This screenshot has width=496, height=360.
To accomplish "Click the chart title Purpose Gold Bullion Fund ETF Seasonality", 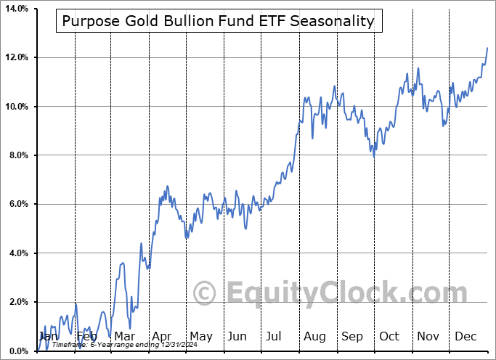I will tap(218, 21).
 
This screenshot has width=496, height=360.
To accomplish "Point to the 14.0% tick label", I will tap(16, 9).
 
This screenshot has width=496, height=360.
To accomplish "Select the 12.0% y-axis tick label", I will tap(16, 57).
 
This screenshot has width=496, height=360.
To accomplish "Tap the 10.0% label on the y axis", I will tap(16, 107).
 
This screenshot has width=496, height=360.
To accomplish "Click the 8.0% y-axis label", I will tap(18, 155).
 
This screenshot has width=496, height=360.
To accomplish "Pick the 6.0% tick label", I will tap(18, 205).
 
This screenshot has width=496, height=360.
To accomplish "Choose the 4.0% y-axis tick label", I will tap(18, 253).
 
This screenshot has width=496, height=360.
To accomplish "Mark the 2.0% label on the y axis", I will tap(18, 303).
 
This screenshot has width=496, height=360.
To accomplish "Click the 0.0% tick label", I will tap(18, 351).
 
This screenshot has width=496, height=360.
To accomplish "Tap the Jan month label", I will tap(48, 337).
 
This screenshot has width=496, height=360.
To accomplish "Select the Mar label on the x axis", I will tap(123, 337).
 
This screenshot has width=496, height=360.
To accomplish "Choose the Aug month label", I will tap(314, 337).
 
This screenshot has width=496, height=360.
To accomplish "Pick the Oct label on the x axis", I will tap(389, 337).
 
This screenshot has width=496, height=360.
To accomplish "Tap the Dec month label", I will tap(465, 337).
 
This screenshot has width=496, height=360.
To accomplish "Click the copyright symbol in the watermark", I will tap(205, 293).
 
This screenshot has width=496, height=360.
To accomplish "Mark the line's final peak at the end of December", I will tap(487, 47).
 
